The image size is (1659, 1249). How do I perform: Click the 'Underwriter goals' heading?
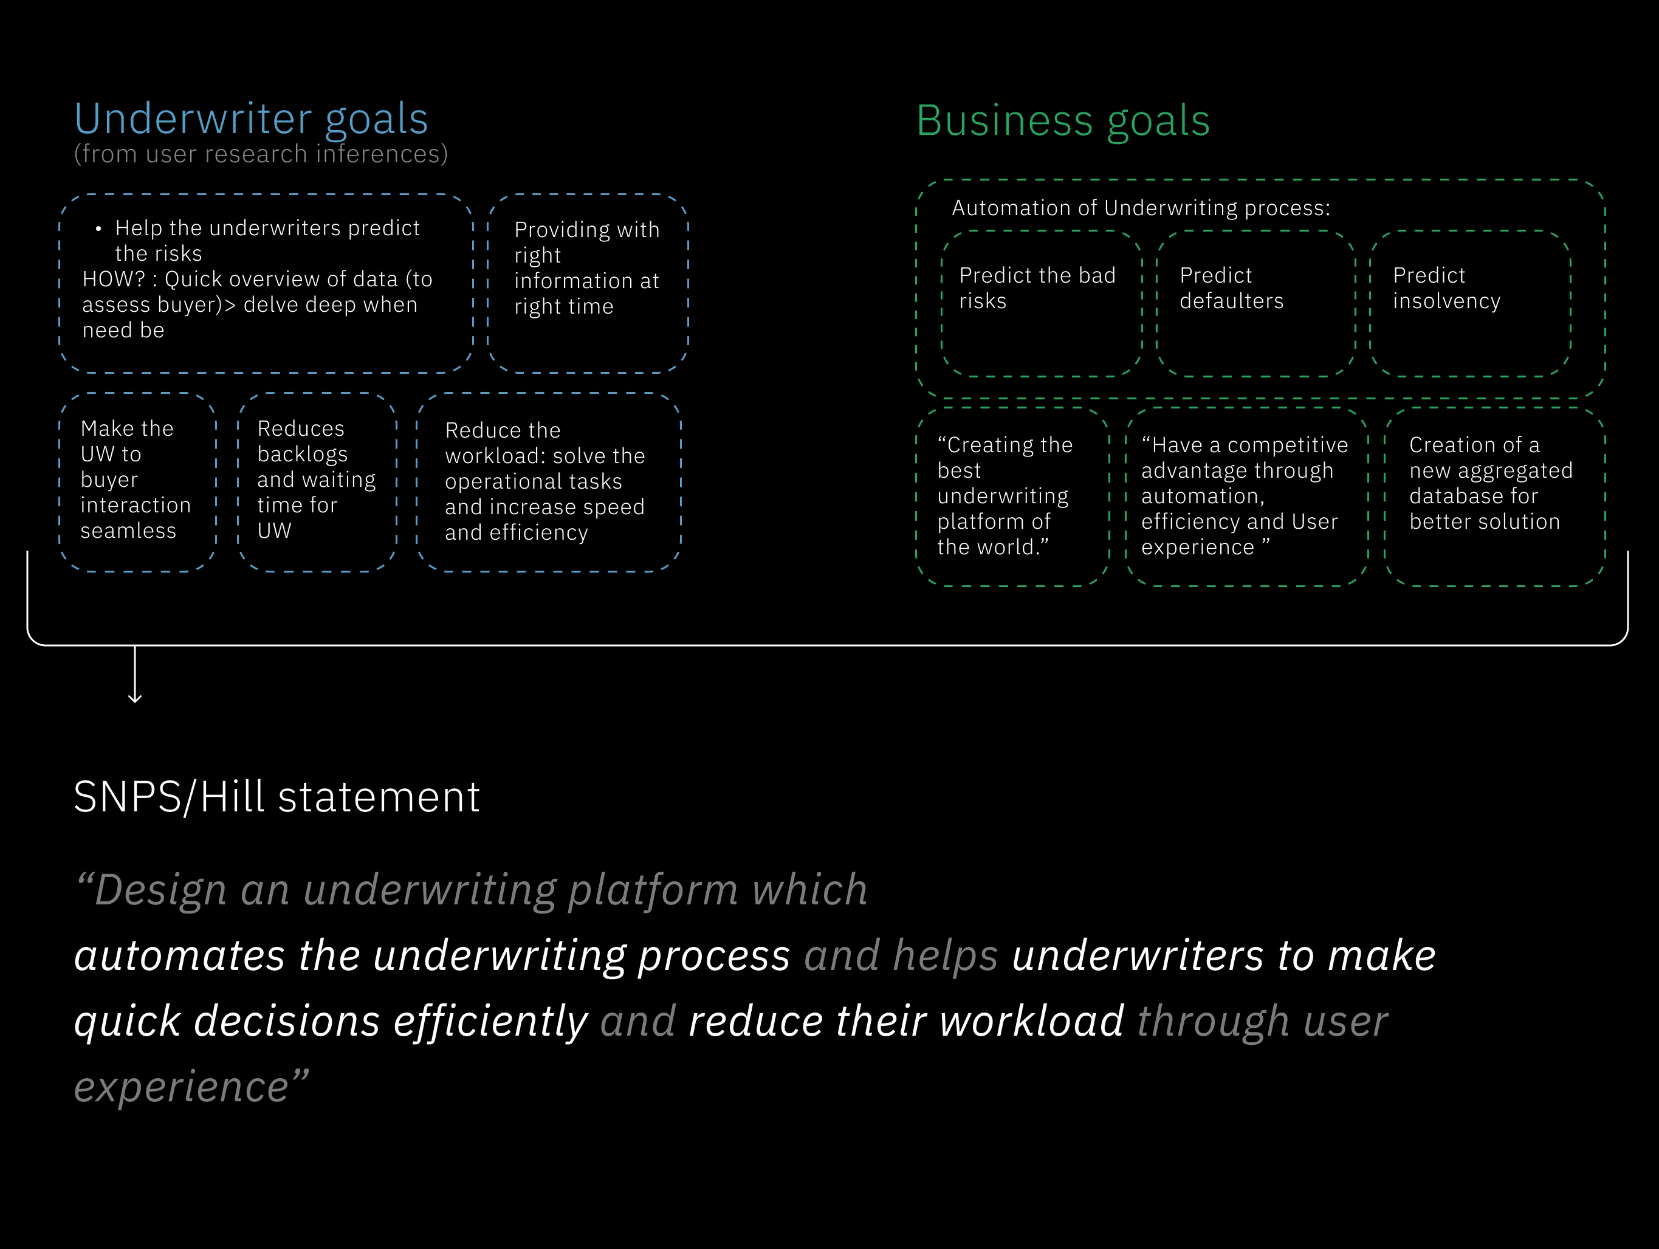point(251,119)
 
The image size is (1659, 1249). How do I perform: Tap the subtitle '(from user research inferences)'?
point(260,154)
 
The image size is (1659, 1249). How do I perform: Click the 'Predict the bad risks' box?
point(1042,303)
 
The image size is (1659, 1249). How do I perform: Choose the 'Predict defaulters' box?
point(1255,303)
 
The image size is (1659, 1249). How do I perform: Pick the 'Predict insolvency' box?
point(1470,303)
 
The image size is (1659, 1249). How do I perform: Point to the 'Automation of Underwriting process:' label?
point(1141,208)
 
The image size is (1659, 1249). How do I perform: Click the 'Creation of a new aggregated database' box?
point(1494,497)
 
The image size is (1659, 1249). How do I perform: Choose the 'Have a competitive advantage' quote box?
point(1246,497)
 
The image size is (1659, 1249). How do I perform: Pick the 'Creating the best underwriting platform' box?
point(1012,497)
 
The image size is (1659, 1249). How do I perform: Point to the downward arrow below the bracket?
point(135,675)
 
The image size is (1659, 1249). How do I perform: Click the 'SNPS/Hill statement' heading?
point(276,797)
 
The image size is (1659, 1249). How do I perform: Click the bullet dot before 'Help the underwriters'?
point(98,228)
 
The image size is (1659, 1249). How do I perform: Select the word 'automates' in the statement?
point(179,955)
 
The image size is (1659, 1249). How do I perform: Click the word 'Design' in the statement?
point(160,890)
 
